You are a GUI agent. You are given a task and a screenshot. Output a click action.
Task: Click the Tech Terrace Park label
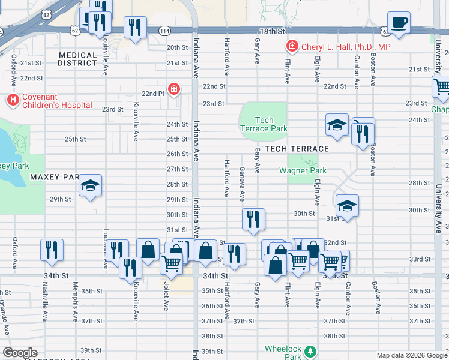[x=264, y=124]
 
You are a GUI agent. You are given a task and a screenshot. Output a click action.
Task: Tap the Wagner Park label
[x=303, y=170]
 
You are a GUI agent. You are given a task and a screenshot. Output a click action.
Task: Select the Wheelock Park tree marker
[x=310, y=350]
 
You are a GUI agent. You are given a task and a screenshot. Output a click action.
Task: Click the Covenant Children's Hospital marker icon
[x=11, y=98]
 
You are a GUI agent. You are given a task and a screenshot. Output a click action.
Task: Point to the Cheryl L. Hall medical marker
[x=292, y=46]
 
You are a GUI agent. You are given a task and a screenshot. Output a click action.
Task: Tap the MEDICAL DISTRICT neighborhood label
[x=78, y=59]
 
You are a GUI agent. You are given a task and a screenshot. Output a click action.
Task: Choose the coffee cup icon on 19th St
[x=398, y=23]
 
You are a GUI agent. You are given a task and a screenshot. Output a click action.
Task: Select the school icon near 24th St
[x=337, y=125]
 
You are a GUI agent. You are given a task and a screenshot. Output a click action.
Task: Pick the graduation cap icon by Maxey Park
[x=91, y=185]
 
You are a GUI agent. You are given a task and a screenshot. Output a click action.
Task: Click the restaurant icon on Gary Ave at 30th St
[x=253, y=219]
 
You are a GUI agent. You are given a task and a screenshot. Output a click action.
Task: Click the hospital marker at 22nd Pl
[x=174, y=90]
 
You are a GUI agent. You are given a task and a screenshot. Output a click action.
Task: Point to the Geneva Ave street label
[x=243, y=184]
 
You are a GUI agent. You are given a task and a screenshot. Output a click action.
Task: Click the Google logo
[x=20, y=352]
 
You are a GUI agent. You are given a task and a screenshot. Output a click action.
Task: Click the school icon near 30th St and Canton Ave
[x=346, y=206]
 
